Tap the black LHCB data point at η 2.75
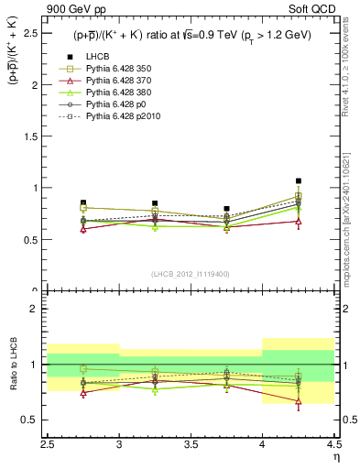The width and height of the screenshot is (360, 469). point(83,202)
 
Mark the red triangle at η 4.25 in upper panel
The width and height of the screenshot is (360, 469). point(298,222)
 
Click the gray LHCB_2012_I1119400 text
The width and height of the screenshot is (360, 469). point(191,274)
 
